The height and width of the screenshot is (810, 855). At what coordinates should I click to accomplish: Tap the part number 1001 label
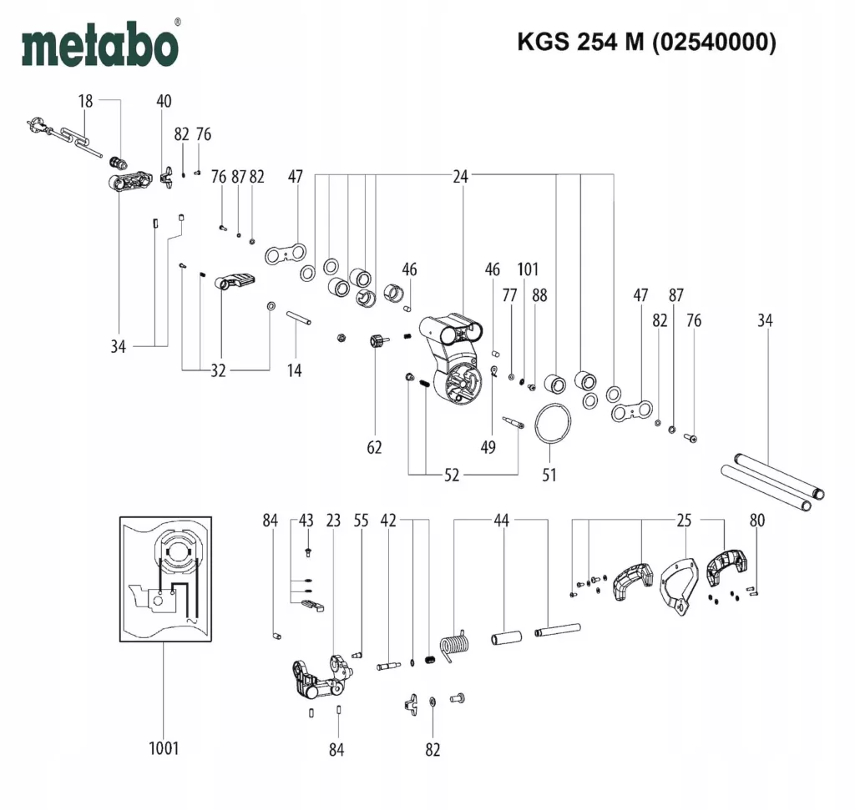click(x=164, y=748)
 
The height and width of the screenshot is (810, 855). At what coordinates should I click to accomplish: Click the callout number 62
click(x=374, y=448)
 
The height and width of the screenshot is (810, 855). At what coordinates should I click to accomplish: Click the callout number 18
click(x=85, y=101)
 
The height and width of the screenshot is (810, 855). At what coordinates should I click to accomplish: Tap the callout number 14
click(x=294, y=370)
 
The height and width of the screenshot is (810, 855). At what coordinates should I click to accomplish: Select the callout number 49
click(x=488, y=448)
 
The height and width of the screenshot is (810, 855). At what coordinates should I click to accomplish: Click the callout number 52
click(x=452, y=475)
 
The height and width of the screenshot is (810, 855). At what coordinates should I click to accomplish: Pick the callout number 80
click(x=757, y=521)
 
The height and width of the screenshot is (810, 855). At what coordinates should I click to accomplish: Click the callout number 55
click(x=361, y=521)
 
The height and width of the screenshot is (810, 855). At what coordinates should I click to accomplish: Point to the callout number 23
click(x=333, y=521)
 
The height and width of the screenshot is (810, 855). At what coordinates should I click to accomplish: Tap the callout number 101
click(x=528, y=269)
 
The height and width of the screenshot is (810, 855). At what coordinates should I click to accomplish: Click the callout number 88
click(x=539, y=294)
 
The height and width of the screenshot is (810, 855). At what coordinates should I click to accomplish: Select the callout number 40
click(x=164, y=101)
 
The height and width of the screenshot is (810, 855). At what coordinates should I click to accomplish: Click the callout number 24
click(x=461, y=176)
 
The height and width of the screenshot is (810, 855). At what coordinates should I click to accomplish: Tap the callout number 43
click(x=306, y=521)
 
